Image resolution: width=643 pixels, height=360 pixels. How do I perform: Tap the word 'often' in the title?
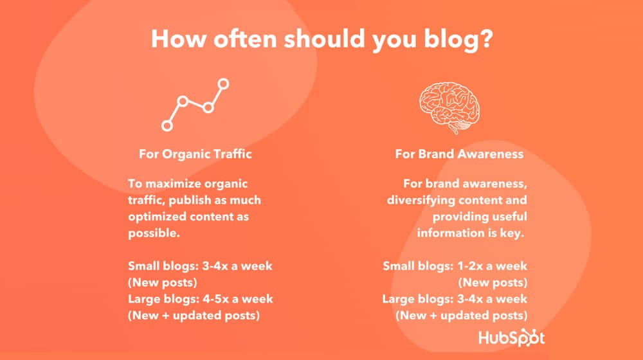pyautogui.click(x=245, y=39)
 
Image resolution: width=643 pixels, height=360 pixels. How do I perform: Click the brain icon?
pyautogui.click(x=449, y=107)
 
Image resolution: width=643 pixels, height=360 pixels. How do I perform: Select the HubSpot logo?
pyautogui.click(x=511, y=338)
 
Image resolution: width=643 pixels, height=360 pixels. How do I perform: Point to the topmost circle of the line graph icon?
pyautogui.click(x=223, y=84)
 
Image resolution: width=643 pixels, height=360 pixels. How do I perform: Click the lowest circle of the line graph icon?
pyautogui.click(x=167, y=125)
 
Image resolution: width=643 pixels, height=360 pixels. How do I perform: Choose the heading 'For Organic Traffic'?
pyautogui.click(x=195, y=154)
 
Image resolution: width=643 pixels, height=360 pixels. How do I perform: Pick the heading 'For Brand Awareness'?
pyautogui.click(x=459, y=154)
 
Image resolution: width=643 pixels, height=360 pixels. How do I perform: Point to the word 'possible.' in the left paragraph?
pyautogui.click(x=154, y=234)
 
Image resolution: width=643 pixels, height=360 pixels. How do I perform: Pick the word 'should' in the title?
pyautogui.click(x=324, y=39)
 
